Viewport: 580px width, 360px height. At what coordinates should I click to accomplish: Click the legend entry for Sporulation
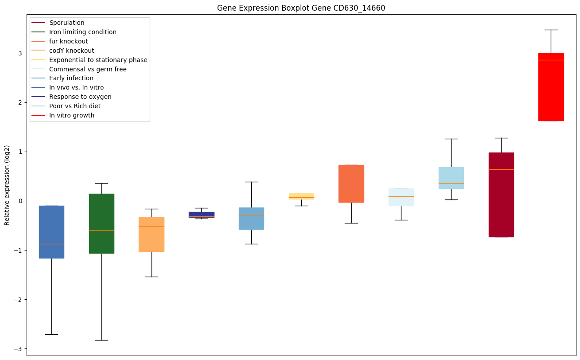point(67,23)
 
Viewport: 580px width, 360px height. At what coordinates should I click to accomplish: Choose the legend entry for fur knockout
point(69,41)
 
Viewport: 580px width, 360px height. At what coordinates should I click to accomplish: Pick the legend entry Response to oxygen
point(80,97)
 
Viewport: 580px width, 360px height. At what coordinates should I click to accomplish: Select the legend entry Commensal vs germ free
point(88,69)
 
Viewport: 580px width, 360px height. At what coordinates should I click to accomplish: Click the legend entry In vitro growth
point(72,115)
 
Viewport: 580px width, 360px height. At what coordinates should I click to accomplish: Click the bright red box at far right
point(551,87)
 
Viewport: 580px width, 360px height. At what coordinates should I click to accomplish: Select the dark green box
point(101,223)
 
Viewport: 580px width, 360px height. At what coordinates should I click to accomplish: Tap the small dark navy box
point(202,215)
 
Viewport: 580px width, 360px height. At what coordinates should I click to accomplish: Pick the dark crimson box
point(501,195)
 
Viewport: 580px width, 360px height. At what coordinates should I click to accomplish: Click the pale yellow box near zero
point(301,196)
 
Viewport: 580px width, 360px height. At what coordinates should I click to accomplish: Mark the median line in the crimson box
point(501,169)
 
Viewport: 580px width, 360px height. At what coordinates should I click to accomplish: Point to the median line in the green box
point(101,230)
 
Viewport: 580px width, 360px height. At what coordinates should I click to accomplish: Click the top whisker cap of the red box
point(551,30)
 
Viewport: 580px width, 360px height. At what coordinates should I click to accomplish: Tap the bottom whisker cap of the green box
point(101,340)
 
